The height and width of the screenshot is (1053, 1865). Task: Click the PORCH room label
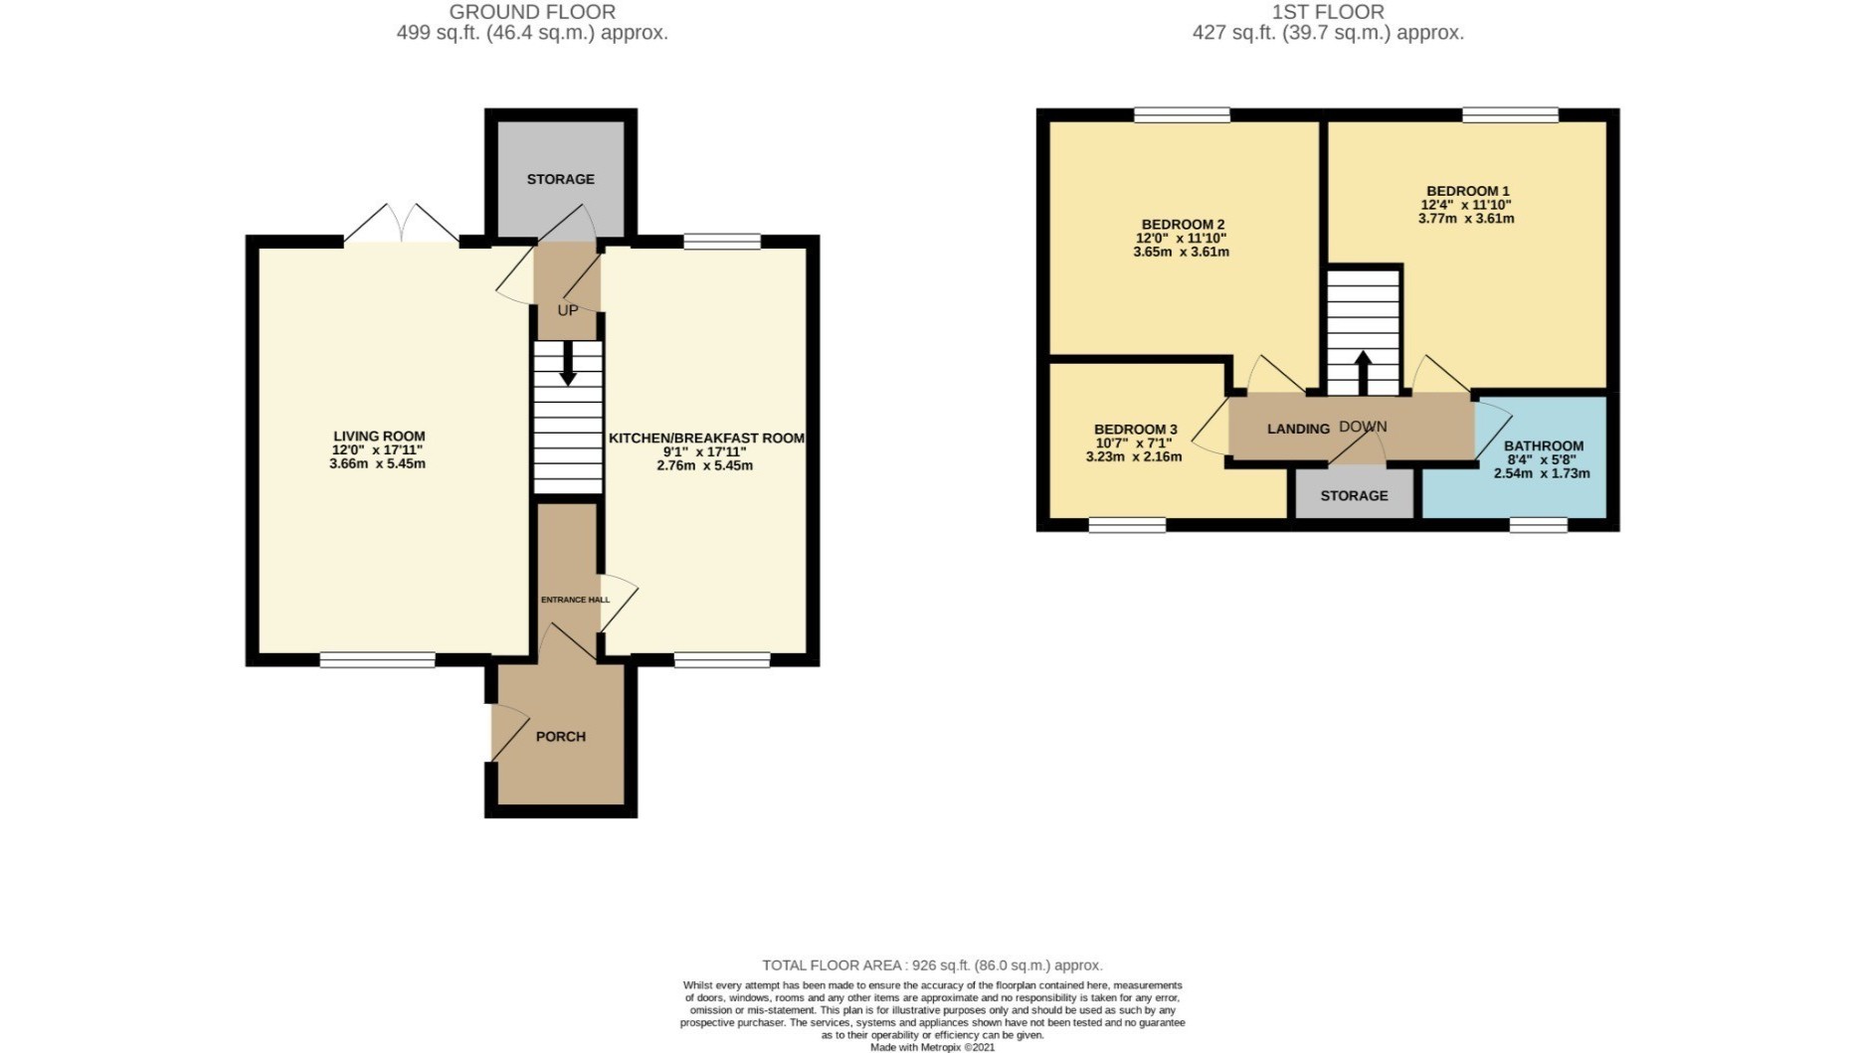561,737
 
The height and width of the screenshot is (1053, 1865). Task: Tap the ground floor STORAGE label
561,179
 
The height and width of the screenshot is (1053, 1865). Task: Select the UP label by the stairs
568,310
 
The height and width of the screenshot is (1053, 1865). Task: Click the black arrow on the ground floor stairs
568,364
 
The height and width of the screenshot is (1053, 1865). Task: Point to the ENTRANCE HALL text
575,600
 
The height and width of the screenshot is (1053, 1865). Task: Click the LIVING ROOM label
379,437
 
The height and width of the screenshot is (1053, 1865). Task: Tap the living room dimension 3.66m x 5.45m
377,464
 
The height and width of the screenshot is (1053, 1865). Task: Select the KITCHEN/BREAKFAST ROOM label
706,439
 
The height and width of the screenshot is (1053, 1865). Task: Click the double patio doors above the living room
402,225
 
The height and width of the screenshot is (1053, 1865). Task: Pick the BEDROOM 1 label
1468,191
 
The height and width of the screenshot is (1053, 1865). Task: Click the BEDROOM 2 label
1183,225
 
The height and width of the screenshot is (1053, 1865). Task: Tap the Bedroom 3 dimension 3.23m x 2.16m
1134,457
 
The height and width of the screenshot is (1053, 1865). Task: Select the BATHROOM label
1544,446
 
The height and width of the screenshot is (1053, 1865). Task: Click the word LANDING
1298,429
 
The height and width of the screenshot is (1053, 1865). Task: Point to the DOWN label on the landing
1363,427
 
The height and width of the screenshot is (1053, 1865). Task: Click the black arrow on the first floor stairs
1363,373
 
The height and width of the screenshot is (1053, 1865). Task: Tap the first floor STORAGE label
1354,495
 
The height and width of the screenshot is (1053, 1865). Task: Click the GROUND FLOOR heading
532,12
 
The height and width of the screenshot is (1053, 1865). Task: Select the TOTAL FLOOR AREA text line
932,965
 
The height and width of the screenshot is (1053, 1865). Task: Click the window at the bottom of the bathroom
1539,524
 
